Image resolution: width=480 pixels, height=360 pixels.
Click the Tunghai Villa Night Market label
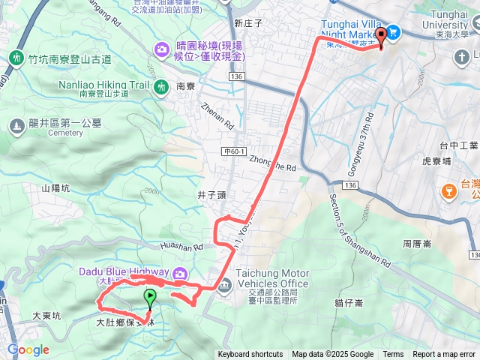352,28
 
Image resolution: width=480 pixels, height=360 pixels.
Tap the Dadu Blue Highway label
121,271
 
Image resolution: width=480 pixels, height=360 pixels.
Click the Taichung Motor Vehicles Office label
272,279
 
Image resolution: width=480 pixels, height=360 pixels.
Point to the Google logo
28,350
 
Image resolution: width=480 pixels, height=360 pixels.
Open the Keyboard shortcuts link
250,355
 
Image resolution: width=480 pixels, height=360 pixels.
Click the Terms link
393,355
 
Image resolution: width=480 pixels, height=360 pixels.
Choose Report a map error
444,355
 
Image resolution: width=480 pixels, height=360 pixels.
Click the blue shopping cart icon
394,32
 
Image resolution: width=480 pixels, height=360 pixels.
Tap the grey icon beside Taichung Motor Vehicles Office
226,284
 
